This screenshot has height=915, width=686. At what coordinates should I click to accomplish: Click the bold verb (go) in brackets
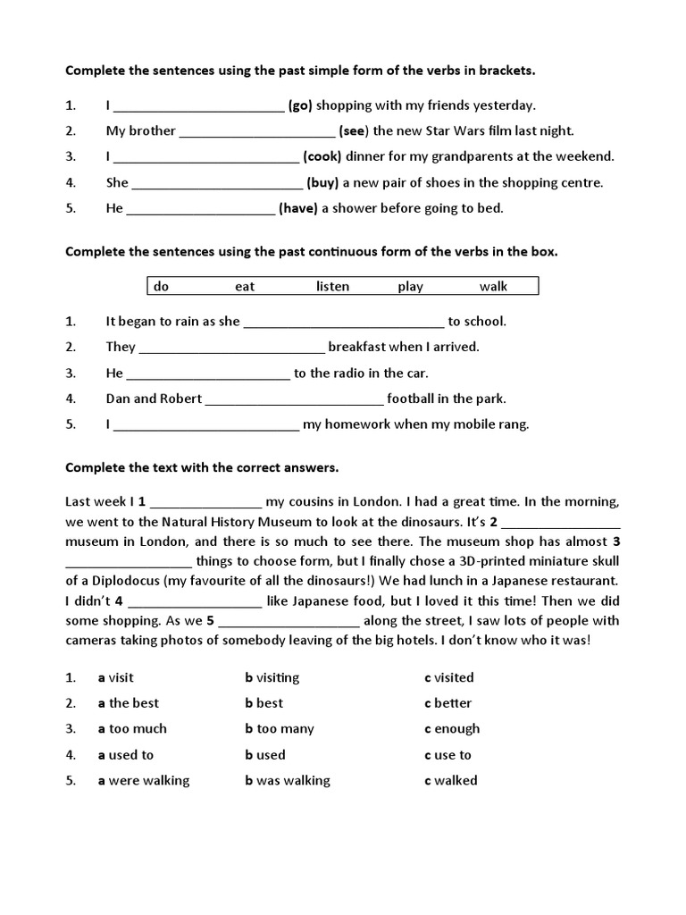300,105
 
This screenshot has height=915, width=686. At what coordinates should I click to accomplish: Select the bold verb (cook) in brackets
322,156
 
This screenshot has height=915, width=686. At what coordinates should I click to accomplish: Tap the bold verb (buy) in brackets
322,182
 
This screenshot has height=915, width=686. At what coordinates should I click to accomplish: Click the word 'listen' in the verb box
332,286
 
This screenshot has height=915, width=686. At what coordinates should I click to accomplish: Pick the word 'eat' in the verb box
245,286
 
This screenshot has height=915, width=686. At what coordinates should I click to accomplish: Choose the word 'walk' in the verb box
493,286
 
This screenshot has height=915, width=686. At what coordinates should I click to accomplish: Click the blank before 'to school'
344,322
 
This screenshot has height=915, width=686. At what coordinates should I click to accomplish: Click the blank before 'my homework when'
207,425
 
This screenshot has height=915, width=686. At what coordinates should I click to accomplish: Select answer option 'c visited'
449,677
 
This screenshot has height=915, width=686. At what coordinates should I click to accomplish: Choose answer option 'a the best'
129,703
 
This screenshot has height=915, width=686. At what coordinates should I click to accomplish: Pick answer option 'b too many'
280,728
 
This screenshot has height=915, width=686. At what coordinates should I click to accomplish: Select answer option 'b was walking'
288,780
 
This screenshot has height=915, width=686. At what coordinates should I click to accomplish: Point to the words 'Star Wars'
433,130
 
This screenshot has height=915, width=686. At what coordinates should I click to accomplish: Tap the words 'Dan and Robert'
154,399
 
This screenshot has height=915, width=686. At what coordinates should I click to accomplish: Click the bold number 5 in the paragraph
210,620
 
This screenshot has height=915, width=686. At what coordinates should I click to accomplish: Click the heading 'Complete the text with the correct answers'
202,467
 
